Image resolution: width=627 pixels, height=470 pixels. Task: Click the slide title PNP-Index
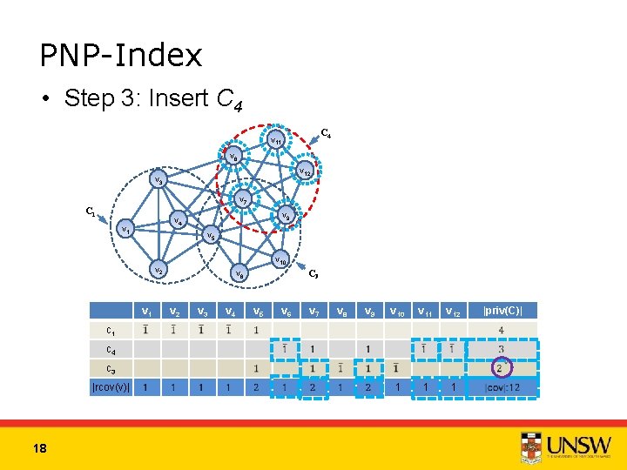(121, 56)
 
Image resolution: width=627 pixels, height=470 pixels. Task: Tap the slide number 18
(39, 447)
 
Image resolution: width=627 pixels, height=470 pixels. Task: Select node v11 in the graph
(273, 139)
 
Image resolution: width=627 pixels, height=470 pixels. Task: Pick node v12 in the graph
(305, 171)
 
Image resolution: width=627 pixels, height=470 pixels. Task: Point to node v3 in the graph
(158, 181)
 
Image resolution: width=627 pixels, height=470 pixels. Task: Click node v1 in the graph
(127, 231)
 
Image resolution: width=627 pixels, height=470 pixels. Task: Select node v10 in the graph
(279, 258)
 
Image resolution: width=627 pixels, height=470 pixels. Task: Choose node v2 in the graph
(158, 271)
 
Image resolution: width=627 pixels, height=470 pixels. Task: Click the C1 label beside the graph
(89, 211)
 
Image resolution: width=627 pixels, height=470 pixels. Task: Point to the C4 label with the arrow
(324, 133)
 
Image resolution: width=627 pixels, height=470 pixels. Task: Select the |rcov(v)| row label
(111, 387)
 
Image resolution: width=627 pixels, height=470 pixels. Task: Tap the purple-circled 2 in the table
(501, 368)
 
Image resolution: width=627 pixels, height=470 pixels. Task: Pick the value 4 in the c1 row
(501, 330)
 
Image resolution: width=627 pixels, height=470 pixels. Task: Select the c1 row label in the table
(111, 330)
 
